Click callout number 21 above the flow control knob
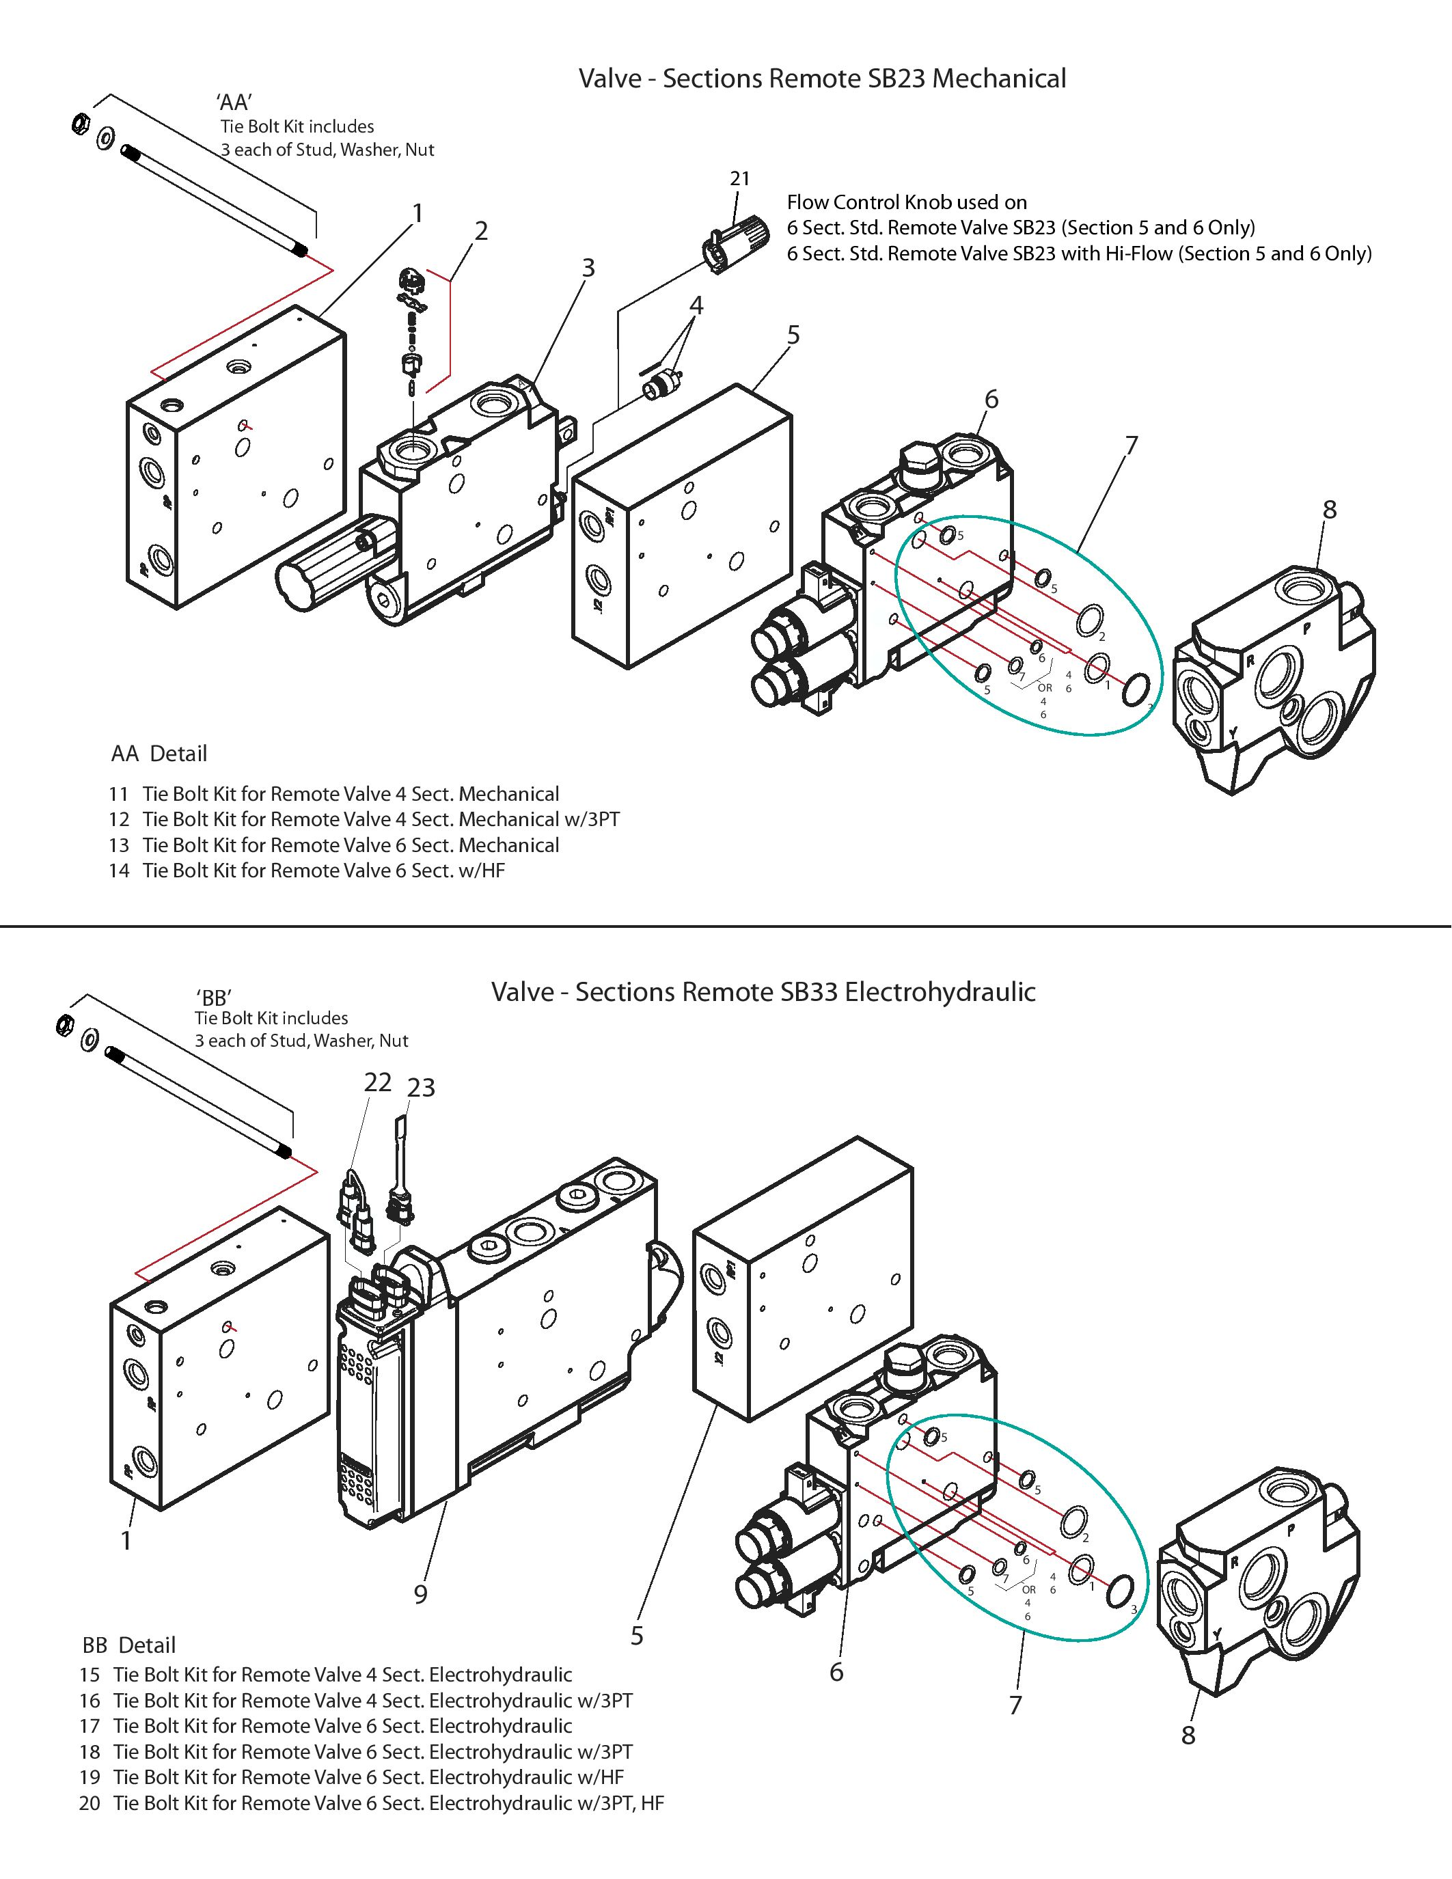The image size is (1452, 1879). click(740, 178)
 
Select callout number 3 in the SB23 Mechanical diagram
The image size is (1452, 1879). click(588, 269)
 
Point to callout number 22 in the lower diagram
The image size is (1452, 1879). click(379, 1082)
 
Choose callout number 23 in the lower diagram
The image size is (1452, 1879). click(422, 1088)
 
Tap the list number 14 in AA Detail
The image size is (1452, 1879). click(120, 870)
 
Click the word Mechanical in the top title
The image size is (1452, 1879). click(1000, 79)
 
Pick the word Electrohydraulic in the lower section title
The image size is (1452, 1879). click(940, 992)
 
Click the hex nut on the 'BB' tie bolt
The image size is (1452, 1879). click(63, 1025)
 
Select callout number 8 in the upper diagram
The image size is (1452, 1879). click(1330, 509)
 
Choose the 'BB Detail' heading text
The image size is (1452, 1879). click(129, 1645)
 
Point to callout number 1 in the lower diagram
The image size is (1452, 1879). click(126, 1540)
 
